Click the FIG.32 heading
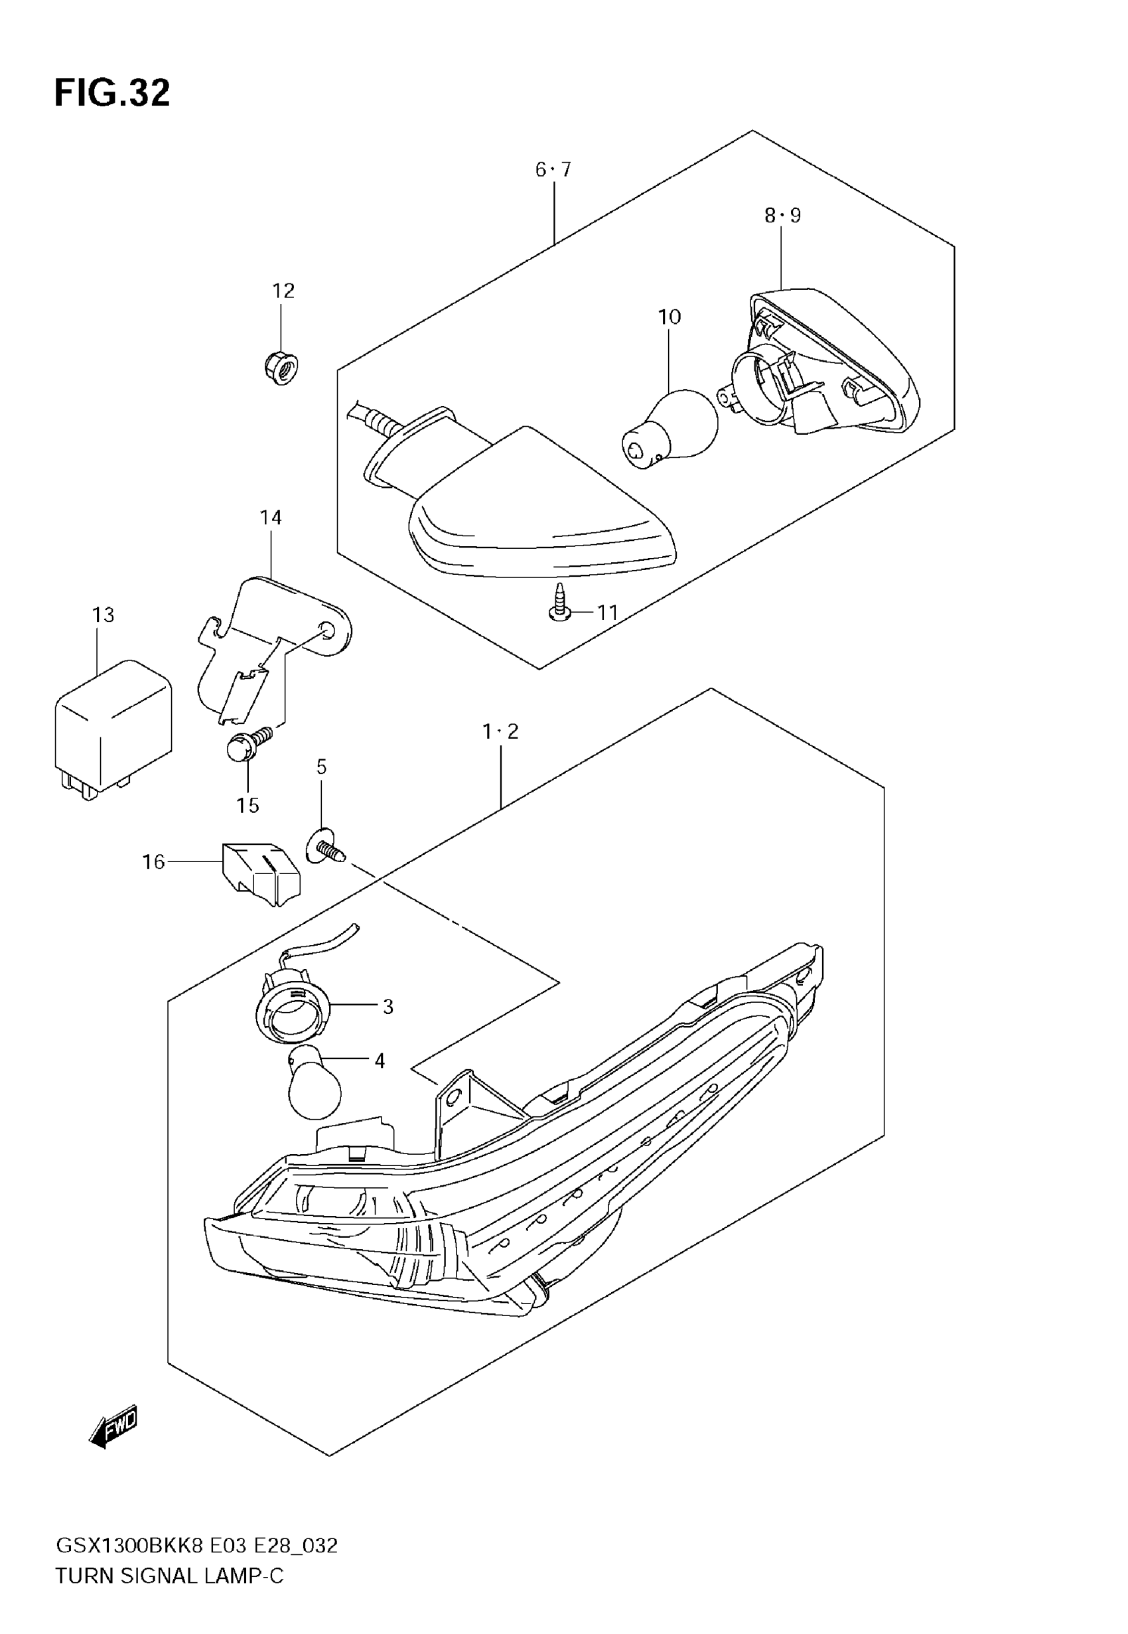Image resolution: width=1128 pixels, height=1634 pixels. [x=111, y=94]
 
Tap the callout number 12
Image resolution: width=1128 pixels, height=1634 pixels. [x=283, y=291]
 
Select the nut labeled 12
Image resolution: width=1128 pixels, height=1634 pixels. [x=281, y=368]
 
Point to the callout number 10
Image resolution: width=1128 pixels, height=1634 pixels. [x=669, y=317]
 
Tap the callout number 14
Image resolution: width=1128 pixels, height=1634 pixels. [x=271, y=518]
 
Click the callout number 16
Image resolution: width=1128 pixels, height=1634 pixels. [x=153, y=861]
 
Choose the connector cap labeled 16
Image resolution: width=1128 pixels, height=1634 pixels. [x=261, y=873]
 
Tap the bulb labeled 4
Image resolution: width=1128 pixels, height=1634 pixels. [x=315, y=1090]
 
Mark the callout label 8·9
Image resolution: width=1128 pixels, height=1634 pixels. [x=782, y=216]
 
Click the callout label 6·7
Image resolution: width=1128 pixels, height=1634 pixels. [x=553, y=170]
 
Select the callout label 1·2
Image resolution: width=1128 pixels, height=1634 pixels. [x=500, y=731]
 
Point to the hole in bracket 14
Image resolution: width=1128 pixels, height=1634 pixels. [x=326, y=629]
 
